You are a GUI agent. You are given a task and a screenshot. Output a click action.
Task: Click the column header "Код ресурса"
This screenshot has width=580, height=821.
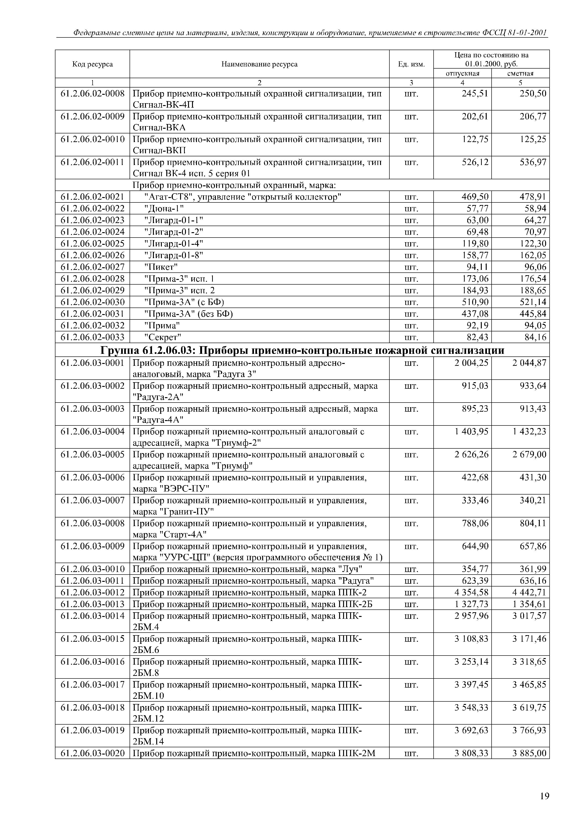(x=93, y=64)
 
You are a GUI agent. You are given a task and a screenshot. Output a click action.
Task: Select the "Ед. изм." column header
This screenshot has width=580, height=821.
(x=411, y=64)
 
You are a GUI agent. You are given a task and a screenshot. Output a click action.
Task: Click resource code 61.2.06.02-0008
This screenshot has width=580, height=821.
(x=93, y=94)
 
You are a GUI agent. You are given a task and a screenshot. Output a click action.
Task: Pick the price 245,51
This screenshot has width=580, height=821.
(x=475, y=94)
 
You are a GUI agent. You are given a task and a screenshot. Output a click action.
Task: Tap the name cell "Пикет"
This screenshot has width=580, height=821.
(x=161, y=267)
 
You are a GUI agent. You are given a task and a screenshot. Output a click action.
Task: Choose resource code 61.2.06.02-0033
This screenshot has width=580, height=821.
(x=93, y=337)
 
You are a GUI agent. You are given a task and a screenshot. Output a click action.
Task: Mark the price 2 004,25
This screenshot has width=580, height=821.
(x=471, y=363)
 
